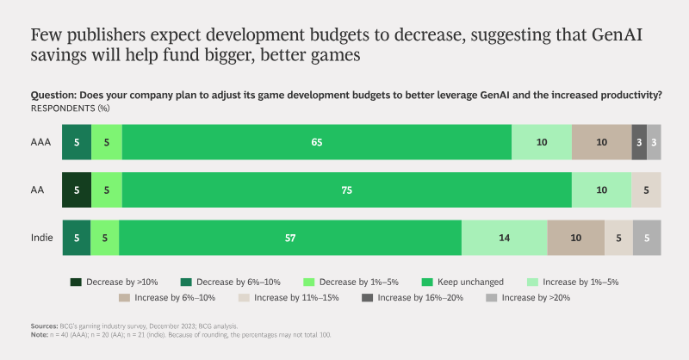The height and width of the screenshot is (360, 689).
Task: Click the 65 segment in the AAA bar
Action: point(317,142)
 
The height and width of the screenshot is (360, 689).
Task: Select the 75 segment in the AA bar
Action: point(347,189)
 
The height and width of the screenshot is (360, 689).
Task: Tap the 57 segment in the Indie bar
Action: point(290,238)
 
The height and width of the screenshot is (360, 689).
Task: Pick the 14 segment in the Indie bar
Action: point(505,238)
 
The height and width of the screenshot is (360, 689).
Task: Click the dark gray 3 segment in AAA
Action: point(639,142)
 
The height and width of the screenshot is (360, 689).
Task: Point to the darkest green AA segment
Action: point(77,189)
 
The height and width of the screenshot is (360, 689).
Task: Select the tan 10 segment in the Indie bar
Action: point(576,238)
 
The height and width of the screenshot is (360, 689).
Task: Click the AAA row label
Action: point(40,142)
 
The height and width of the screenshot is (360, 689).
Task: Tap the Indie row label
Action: point(41,238)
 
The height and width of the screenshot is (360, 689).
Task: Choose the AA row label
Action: point(37,189)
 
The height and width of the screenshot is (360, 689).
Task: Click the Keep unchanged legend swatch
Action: point(427,282)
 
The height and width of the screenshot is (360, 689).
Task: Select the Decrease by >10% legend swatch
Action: point(76,282)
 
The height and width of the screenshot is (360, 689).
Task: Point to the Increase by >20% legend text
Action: point(536,298)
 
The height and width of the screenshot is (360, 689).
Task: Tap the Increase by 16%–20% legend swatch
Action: point(368,298)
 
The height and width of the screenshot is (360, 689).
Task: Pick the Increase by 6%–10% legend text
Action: point(175,298)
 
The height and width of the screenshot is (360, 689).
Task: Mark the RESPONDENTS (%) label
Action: point(71,109)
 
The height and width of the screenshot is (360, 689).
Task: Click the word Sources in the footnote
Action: point(45,326)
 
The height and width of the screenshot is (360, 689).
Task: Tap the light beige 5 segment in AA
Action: point(647,189)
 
